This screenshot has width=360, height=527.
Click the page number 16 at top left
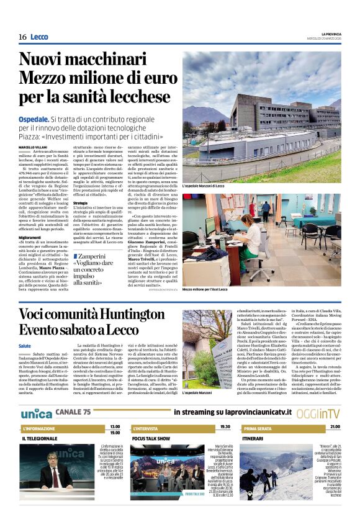pyautogui.click(x=22, y=37)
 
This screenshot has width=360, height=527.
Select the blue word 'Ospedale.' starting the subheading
pyautogui.click(x=34, y=119)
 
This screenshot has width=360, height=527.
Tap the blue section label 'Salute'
pyautogui.click(x=25, y=345)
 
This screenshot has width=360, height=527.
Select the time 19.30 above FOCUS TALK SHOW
pyautogui.click(x=225, y=427)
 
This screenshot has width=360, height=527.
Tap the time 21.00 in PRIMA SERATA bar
pyautogui.click(x=335, y=427)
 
